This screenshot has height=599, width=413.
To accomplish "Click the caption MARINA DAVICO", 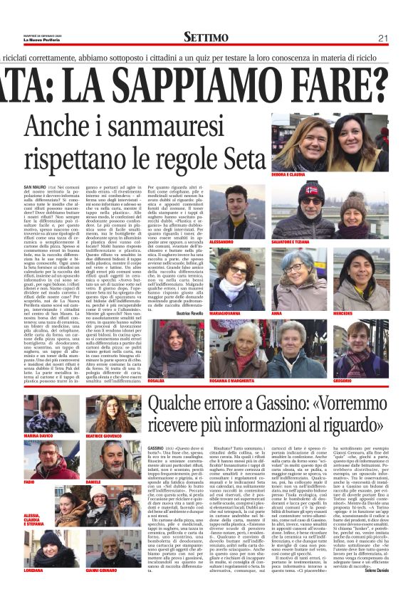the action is pyautogui.click(x=40, y=434).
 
